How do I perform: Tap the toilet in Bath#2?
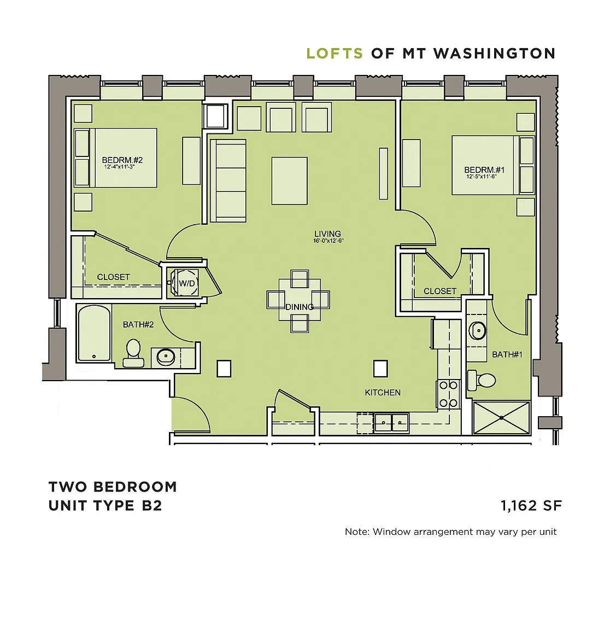[x=133, y=353]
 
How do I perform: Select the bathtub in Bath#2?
[x=95, y=333]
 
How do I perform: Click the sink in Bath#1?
[x=478, y=331]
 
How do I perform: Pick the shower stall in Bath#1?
[x=502, y=418]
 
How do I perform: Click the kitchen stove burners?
[x=449, y=394]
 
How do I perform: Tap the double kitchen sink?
[x=391, y=423]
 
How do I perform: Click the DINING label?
[x=300, y=307]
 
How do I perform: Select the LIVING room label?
[x=328, y=234]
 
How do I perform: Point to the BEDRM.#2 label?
[x=122, y=160]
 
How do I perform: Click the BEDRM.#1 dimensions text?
[x=482, y=177]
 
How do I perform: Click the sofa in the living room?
[x=228, y=181]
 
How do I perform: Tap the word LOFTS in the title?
[x=335, y=54]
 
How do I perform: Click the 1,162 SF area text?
[x=531, y=505]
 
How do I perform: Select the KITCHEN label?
[x=383, y=393]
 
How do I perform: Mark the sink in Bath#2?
[x=166, y=356]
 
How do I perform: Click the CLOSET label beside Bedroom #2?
[x=114, y=277]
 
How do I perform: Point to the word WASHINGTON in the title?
[x=495, y=54]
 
